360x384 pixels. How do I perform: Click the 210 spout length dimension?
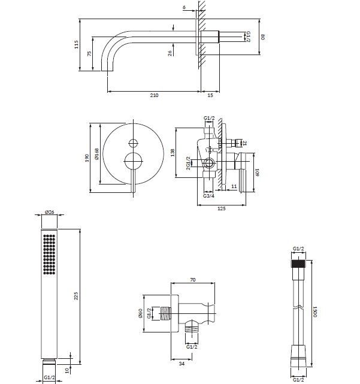[x=154, y=95]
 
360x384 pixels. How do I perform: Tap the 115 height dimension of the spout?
[x=77, y=44]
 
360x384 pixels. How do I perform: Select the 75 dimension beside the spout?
[x=89, y=53]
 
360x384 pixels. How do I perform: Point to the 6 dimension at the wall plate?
[x=184, y=7]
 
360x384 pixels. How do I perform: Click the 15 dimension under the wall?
[x=210, y=95]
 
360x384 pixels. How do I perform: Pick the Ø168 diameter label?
[x=96, y=154]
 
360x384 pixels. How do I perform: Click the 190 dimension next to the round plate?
[x=86, y=158]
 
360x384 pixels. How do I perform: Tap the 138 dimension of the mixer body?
[x=173, y=153]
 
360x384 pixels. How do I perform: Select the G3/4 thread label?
[x=208, y=196]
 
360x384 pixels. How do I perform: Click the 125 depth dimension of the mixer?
[x=222, y=208]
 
